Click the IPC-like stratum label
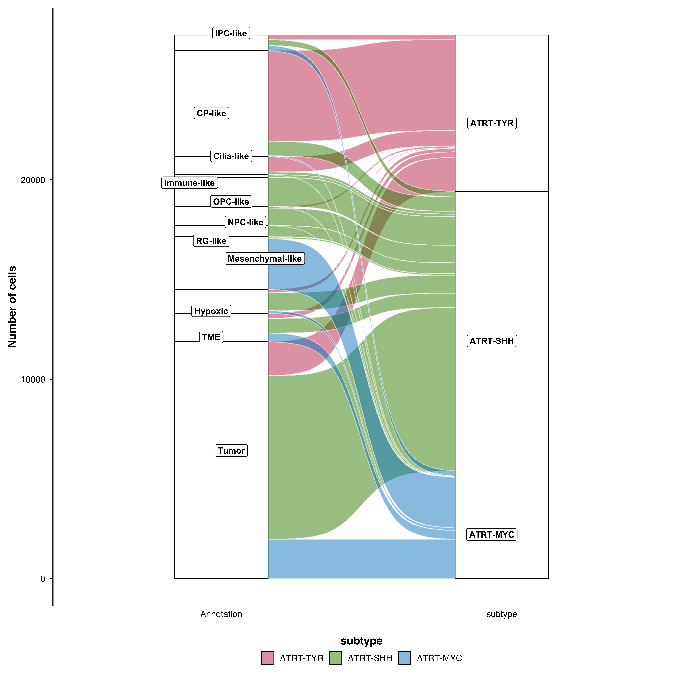point(231,33)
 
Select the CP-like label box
point(211,113)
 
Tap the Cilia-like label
point(231,156)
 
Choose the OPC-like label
point(231,202)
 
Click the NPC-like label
point(245,222)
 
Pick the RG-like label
point(211,241)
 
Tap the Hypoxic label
point(211,311)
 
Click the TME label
point(211,337)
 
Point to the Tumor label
point(231,451)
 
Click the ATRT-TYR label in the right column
point(492,123)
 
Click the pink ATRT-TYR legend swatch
point(267,658)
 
